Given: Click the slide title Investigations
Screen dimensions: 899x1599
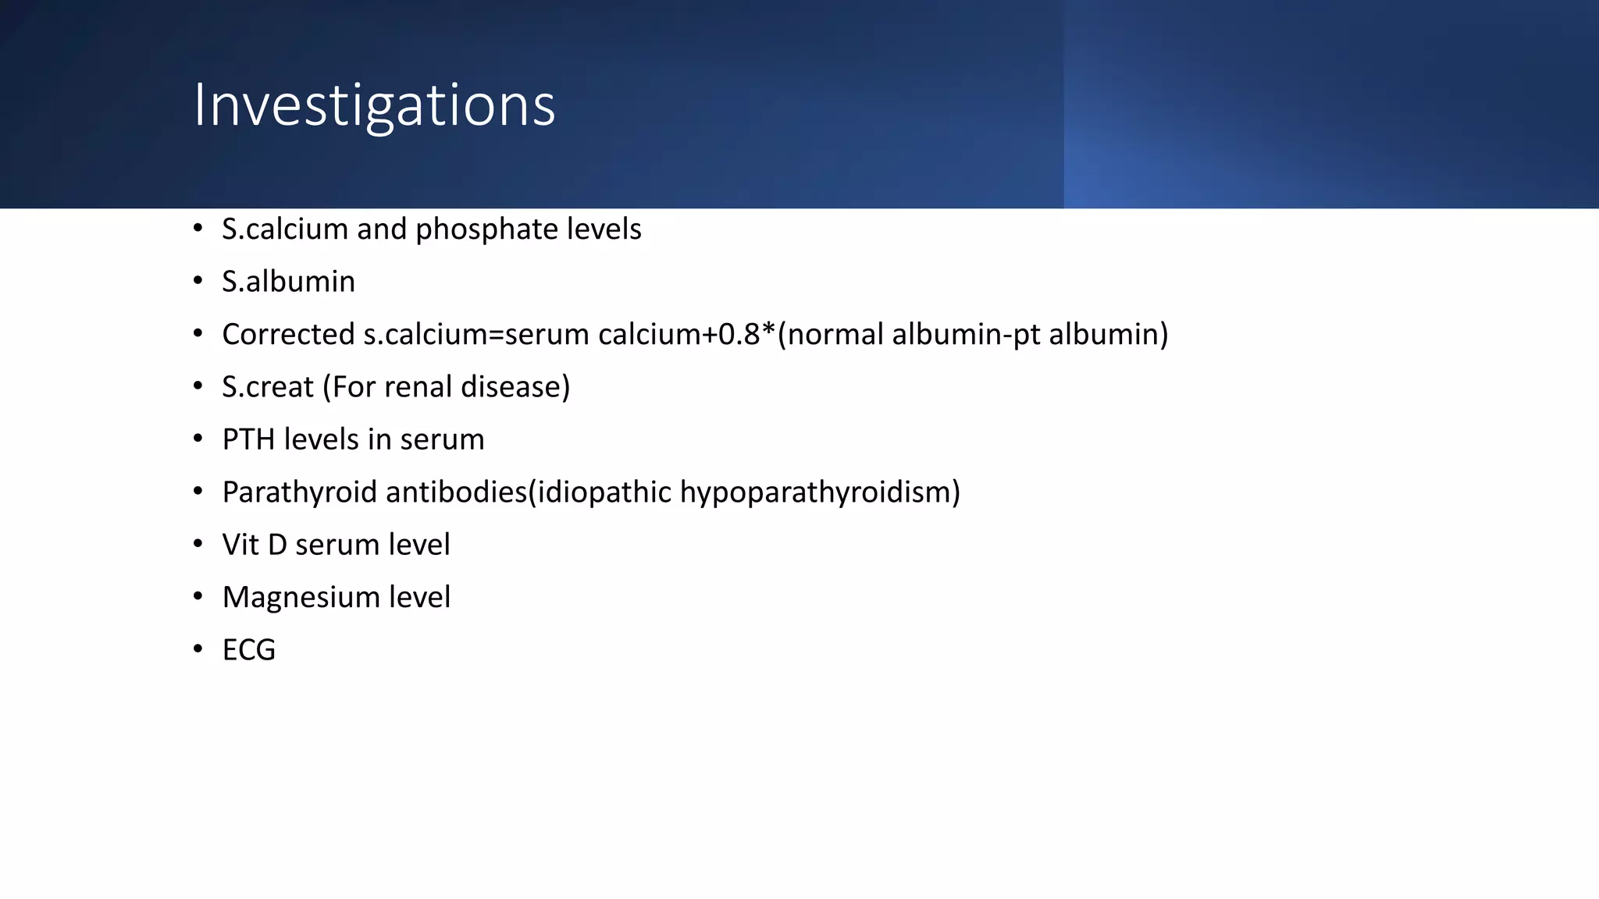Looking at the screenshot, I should click(374, 105).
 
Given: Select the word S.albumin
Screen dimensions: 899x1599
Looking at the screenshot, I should click(288, 282).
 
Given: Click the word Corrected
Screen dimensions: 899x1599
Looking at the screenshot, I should click(288, 334).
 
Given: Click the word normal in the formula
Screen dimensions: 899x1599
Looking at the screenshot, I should click(835, 334).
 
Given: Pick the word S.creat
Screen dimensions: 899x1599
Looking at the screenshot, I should click(267, 387).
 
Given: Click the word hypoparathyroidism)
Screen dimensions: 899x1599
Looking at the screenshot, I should click(820, 492).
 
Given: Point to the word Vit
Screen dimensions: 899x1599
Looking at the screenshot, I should click(240, 545).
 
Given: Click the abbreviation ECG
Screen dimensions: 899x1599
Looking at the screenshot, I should click(249, 650).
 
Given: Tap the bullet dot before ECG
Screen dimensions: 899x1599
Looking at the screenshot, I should click(198, 648).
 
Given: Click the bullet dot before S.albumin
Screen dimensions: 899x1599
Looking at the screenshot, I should click(198, 280).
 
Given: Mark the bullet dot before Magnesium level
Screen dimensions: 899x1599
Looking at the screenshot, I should click(198, 596).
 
